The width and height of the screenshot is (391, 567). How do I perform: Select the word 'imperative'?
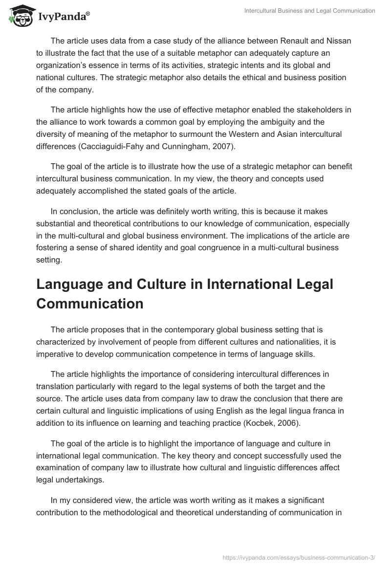click(57, 353)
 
